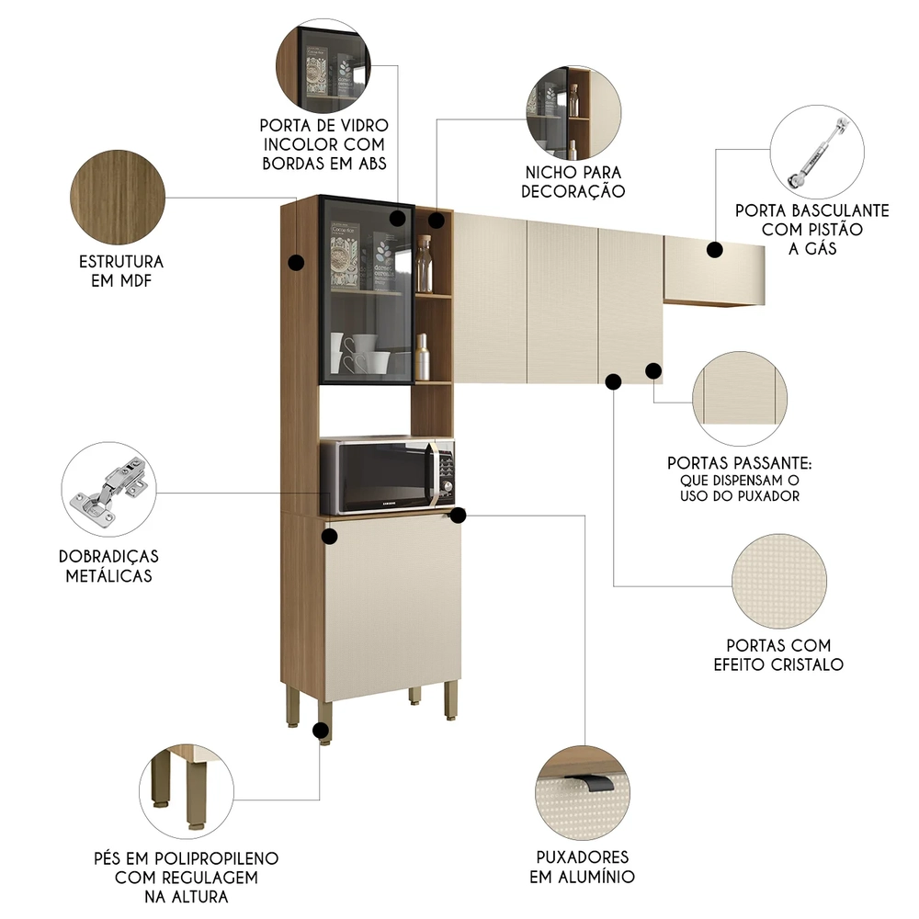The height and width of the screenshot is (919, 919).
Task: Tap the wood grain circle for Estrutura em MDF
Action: click(x=117, y=196)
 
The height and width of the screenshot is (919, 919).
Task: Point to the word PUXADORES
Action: click(x=582, y=857)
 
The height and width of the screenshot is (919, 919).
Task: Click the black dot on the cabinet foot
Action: click(x=321, y=732)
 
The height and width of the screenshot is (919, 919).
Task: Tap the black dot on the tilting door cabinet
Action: click(x=714, y=248)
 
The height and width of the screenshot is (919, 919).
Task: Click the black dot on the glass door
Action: click(x=398, y=218)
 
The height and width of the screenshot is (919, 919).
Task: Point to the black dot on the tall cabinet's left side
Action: click(x=295, y=263)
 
